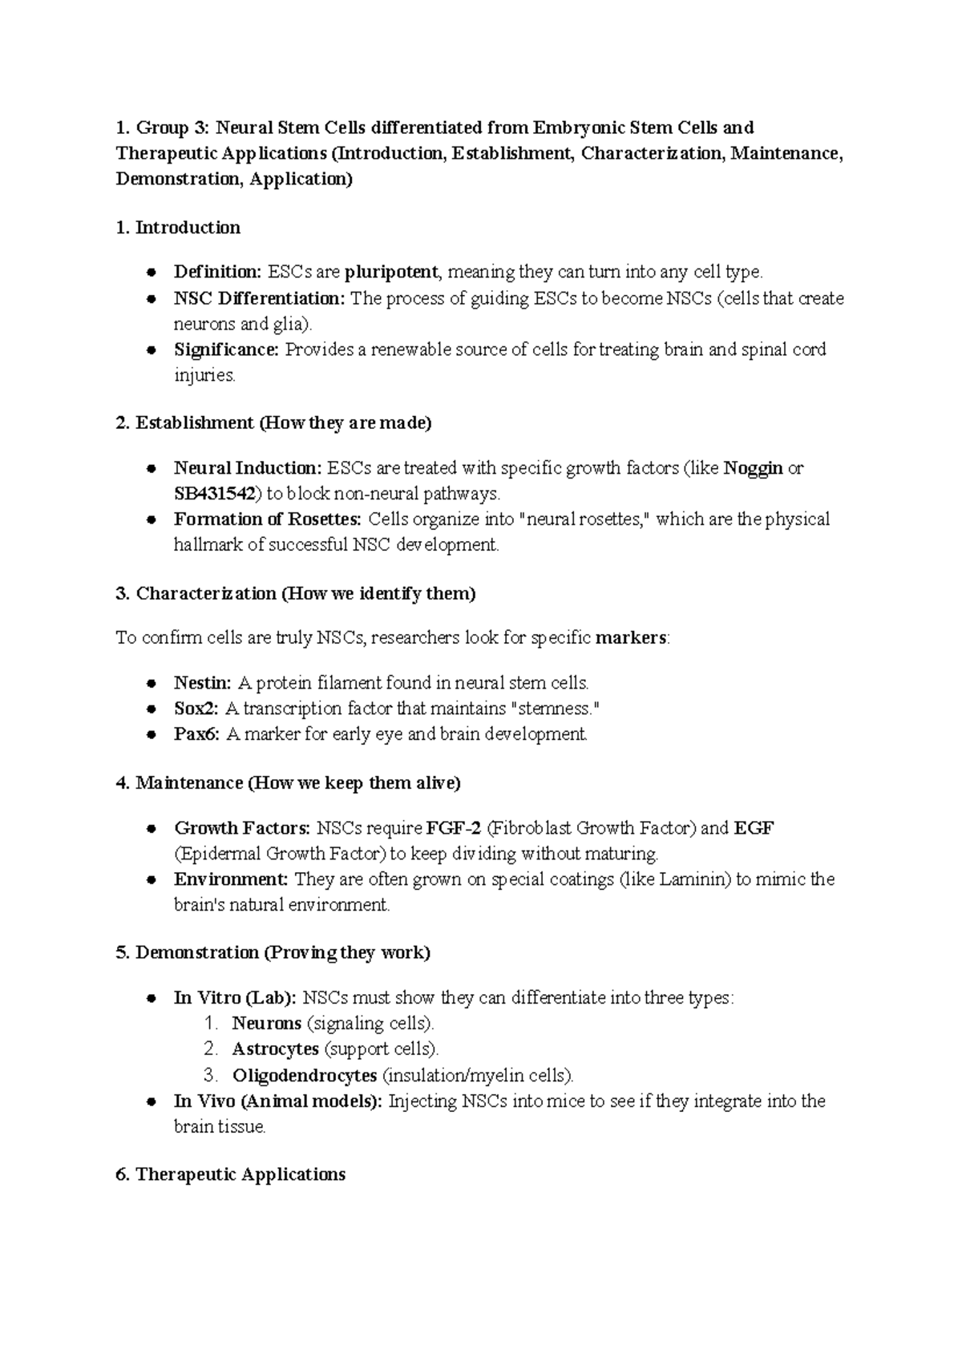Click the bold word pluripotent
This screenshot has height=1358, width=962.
coord(391,273)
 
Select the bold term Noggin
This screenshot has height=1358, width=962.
coord(753,468)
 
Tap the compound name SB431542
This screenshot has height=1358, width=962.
coord(215,494)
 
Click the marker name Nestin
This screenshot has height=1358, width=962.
coord(202,683)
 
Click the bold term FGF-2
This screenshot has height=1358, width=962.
coord(454,828)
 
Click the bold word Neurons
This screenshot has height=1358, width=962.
coord(266,1024)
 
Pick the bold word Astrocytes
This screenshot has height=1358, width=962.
coord(275,1049)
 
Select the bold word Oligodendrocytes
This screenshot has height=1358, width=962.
coord(305,1075)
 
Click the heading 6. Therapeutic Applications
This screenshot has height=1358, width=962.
coord(231,1174)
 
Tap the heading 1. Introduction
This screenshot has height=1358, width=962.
coord(178,228)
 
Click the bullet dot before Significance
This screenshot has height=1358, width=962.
coord(151,350)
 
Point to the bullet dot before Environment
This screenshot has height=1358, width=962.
coord(151,880)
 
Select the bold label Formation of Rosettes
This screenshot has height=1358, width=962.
coord(267,519)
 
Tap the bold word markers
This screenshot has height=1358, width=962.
coord(631,638)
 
